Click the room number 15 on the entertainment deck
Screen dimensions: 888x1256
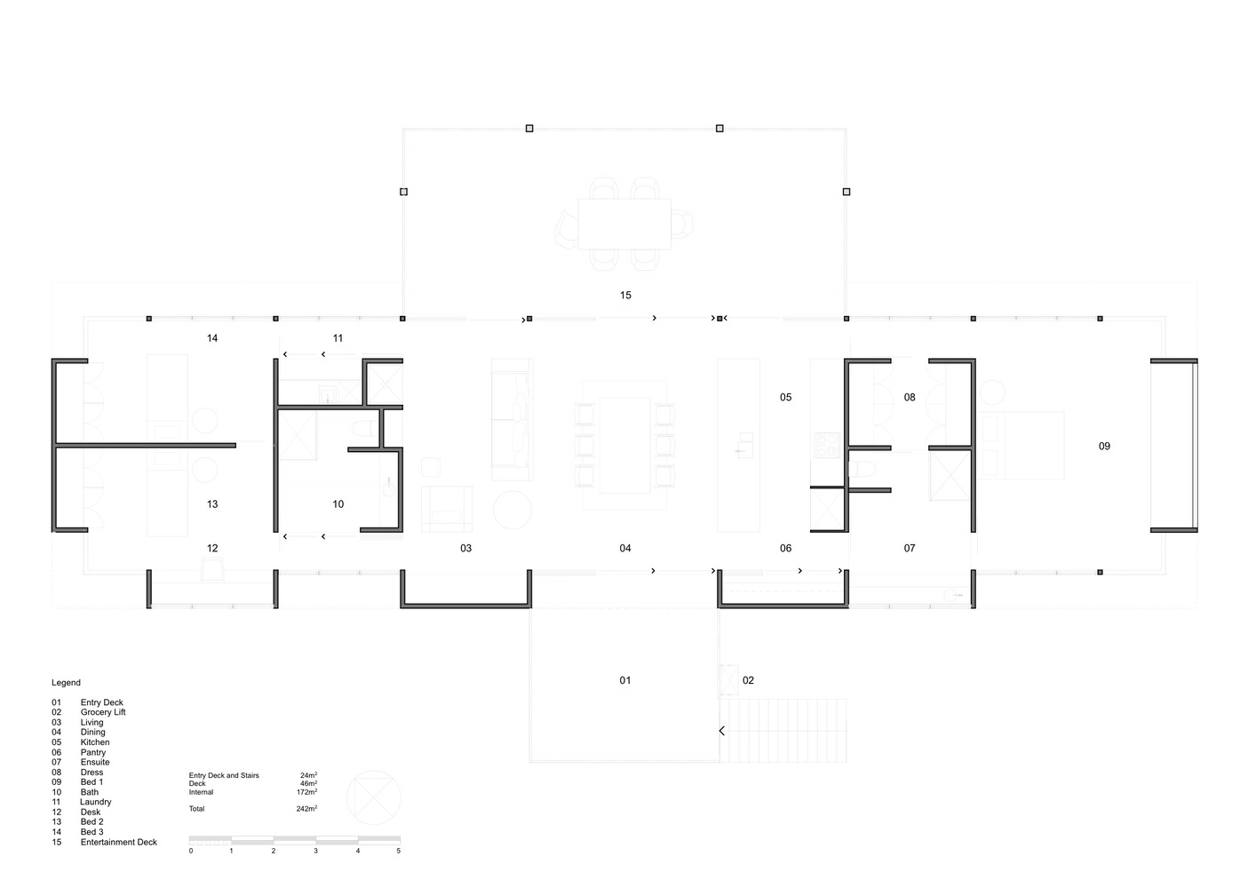point(625,295)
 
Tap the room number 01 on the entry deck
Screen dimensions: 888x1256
point(625,680)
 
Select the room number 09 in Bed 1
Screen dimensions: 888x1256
point(1104,446)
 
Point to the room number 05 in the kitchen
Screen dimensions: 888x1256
point(785,397)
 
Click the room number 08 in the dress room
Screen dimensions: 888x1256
point(909,397)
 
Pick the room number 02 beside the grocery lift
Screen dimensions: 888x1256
point(748,680)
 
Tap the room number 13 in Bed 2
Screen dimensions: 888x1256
point(212,503)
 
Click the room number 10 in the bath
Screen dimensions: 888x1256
point(338,503)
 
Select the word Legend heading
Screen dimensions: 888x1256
point(66,683)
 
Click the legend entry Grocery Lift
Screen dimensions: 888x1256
point(103,712)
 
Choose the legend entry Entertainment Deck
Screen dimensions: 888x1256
point(118,842)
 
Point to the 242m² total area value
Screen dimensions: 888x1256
point(306,809)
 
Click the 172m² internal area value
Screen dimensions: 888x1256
point(306,792)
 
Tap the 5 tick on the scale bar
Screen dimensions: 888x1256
point(398,851)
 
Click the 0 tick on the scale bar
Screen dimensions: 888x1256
point(191,851)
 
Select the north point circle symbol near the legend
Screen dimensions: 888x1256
point(373,797)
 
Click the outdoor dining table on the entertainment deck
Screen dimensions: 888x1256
point(624,223)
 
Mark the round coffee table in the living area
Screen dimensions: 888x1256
point(513,511)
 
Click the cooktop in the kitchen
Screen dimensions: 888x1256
point(827,444)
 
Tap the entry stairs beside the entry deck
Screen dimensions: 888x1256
point(783,730)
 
